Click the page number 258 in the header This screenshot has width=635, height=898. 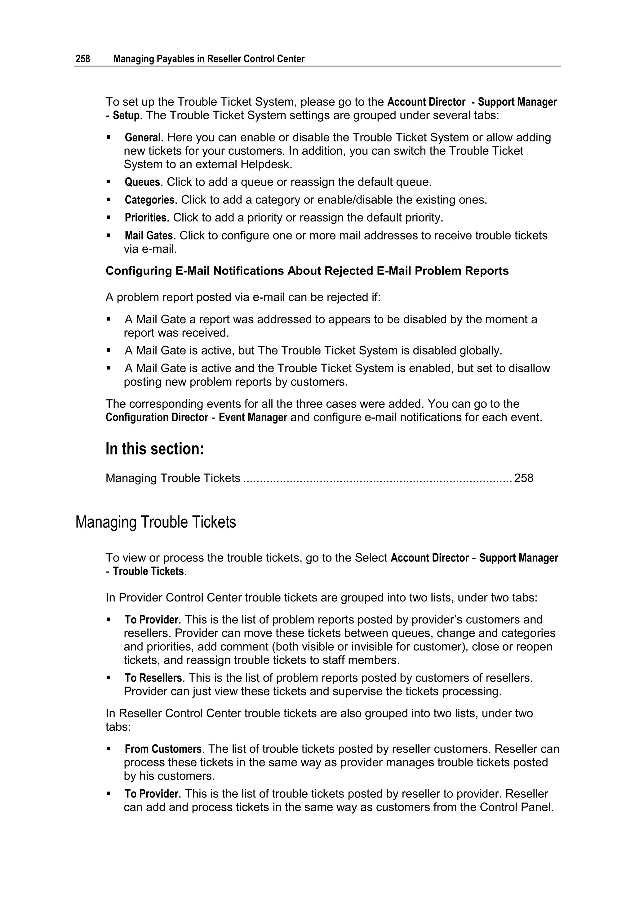[x=82, y=59]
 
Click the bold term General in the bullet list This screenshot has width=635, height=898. [x=142, y=138]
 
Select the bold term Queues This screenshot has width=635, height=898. [x=142, y=182]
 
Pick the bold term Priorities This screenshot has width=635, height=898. [x=145, y=217]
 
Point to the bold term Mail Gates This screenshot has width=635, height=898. [x=149, y=235]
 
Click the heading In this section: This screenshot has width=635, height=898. [x=154, y=449]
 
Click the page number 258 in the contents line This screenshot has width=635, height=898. [x=524, y=478]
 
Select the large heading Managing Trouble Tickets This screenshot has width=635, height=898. [x=155, y=522]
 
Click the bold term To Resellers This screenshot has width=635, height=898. [x=153, y=678]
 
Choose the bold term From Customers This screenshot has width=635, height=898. [x=163, y=749]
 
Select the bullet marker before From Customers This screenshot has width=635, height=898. [x=109, y=749]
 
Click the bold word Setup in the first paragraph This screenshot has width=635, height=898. [x=126, y=116]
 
